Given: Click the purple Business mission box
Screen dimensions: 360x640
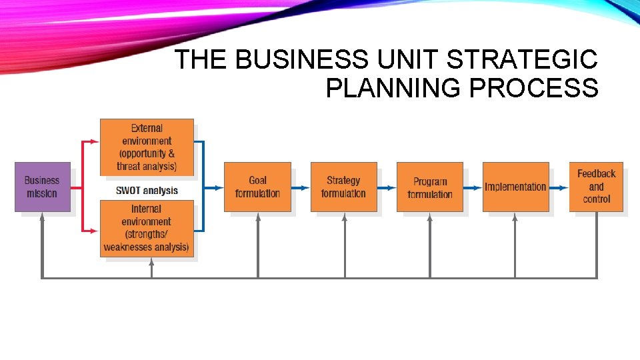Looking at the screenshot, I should (42, 187).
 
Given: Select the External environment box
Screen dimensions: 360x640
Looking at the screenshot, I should (147, 147).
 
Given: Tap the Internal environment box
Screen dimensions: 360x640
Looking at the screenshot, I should (147, 228).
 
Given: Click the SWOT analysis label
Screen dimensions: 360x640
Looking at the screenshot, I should (147, 190).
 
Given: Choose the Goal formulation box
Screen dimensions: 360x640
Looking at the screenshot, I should (257, 187).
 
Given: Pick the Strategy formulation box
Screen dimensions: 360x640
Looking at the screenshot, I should (343, 187).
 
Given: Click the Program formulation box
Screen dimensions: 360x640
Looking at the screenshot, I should (429, 187).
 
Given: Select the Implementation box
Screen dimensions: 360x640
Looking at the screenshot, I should (515, 187).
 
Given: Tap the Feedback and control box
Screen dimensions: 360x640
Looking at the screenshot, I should (596, 186).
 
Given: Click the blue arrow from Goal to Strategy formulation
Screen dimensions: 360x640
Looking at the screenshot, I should (301, 188).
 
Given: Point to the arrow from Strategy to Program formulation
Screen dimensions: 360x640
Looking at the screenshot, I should (387, 188).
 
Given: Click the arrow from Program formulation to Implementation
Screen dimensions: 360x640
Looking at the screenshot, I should (473, 188).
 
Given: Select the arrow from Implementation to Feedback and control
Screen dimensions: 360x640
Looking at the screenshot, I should (559, 188).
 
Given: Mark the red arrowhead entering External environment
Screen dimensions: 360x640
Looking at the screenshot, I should (95, 141).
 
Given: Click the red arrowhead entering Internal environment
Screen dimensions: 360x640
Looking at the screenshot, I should (95, 231).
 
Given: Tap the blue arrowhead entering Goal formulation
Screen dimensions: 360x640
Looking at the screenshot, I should (219, 188).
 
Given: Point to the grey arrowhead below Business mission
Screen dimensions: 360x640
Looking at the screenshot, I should (42, 216).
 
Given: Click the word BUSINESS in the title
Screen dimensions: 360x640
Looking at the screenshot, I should (301, 60).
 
